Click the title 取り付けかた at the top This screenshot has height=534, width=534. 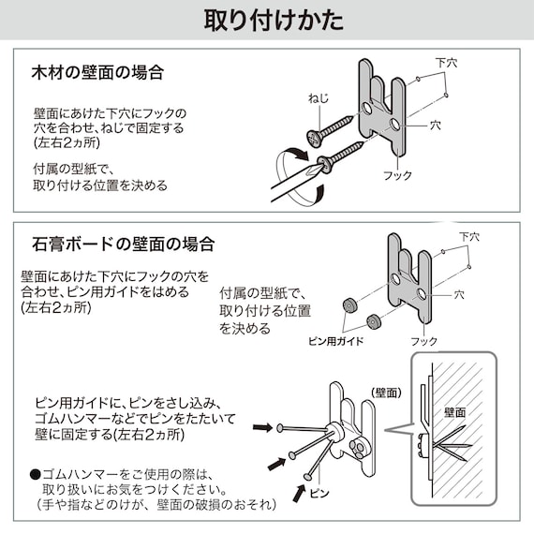tap(267, 20)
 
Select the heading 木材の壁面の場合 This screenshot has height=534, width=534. tap(98, 72)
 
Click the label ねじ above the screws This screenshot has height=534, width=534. tap(319, 98)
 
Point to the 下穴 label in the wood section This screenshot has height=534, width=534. tap(447, 64)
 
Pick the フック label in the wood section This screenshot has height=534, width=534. tap(398, 175)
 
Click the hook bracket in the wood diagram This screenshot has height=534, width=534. tap(385, 103)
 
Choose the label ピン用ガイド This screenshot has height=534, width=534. tap(335, 341)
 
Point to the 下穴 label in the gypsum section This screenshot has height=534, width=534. tap(469, 237)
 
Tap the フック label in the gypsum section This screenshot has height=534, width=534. tap(424, 341)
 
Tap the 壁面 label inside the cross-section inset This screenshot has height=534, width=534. tap(456, 411)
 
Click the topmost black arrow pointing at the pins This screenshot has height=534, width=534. tap(265, 426)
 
